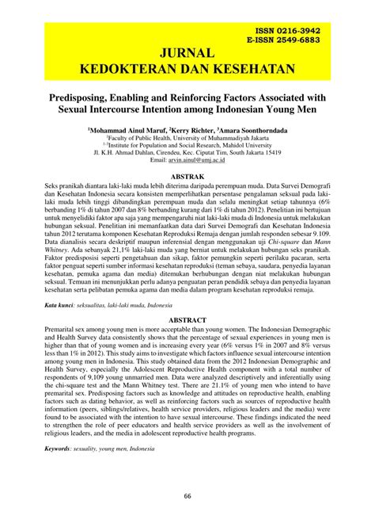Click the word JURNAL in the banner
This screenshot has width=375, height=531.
point(187,53)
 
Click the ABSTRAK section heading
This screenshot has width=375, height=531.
point(187,176)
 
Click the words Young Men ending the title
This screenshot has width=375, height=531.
point(283,105)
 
